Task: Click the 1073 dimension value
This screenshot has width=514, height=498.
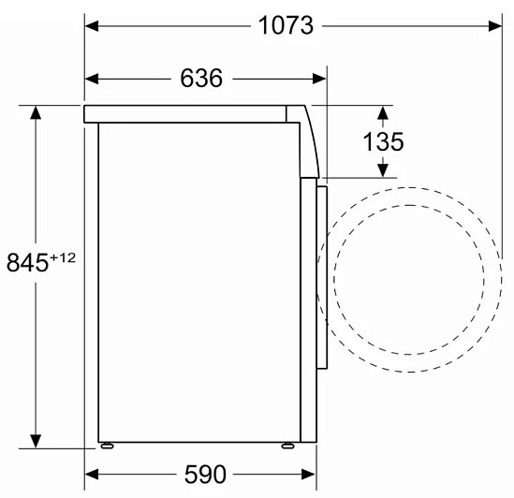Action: (x=286, y=25)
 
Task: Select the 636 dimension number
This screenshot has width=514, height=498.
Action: (x=201, y=79)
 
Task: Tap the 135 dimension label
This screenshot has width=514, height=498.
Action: (x=383, y=141)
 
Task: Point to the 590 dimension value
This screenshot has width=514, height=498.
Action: (x=205, y=475)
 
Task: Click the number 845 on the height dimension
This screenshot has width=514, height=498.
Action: (x=27, y=263)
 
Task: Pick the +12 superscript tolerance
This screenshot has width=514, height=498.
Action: (x=63, y=257)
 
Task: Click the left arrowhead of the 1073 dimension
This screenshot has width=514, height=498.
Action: (x=92, y=26)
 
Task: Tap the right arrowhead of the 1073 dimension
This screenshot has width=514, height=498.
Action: (x=495, y=26)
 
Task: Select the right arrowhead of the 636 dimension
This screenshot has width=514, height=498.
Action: (x=319, y=79)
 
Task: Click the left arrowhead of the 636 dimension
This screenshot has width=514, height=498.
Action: (x=92, y=79)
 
